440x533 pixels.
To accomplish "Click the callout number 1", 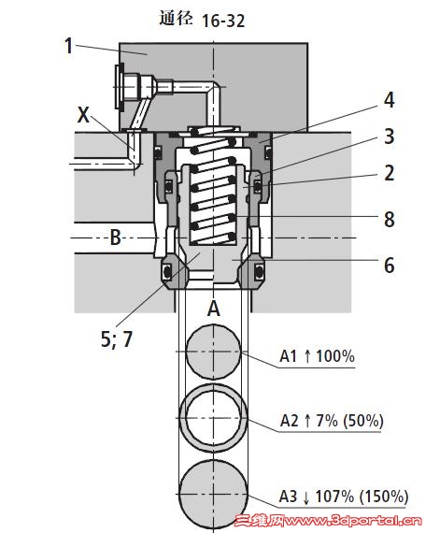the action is pyautogui.click(x=68, y=46).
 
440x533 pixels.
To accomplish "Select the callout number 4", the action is pyautogui.click(x=389, y=100).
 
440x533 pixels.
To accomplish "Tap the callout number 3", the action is pyautogui.click(x=389, y=137).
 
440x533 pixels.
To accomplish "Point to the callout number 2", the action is pyautogui.click(x=389, y=173).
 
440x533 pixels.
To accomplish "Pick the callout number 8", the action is pyautogui.click(x=389, y=219).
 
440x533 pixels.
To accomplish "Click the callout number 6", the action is pyautogui.click(x=389, y=266).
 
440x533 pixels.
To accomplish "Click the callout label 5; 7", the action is pyautogui.click(x=117, y=339).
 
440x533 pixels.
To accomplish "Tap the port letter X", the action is pyautogui.click(x=83, y=115).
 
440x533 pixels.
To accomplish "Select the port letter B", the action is pyautogui.click(x=116, y=238).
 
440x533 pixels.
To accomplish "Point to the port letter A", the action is pyautogui.click(x=214, y=309).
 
